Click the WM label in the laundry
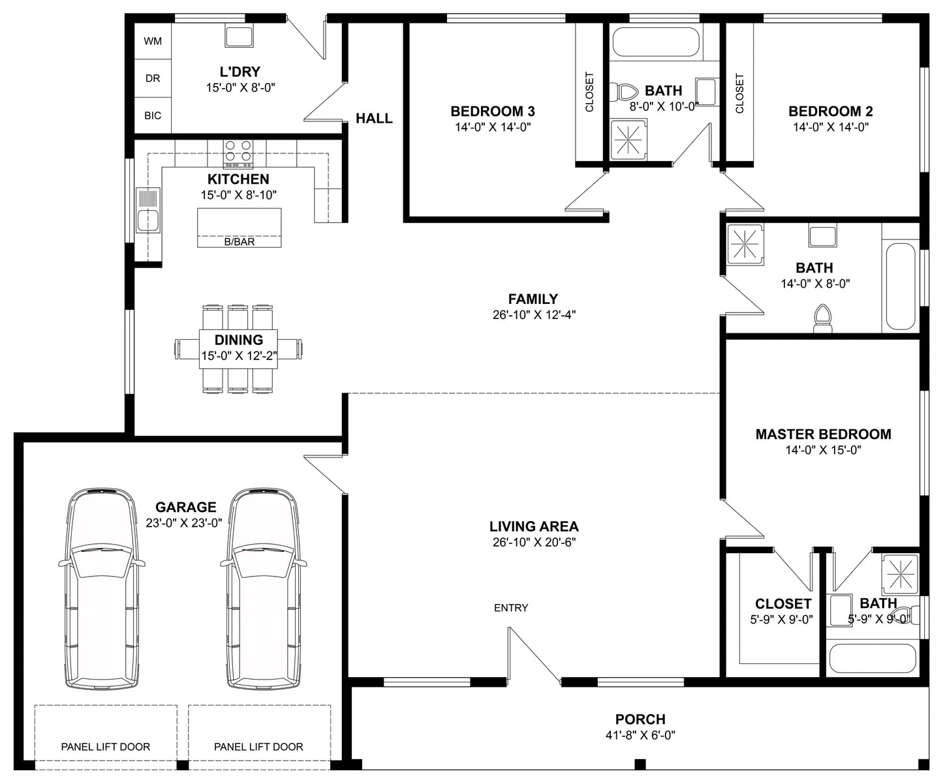(153, 41)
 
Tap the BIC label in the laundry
(153, 115)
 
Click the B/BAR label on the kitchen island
(240, 241)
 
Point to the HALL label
(374, 118)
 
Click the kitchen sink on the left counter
(148, 210)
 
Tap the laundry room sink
(240, 35)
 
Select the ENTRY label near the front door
(511, 608)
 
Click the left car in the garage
(102, 588)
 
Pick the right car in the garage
(264, 588)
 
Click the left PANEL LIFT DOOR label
(106, 747)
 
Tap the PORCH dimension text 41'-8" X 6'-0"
(640, 735)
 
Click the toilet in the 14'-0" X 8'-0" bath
(822, 319)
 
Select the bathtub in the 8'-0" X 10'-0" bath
(656, 42)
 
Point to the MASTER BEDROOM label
(824, 434)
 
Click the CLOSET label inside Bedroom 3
(589, 91)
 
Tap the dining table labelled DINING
(238, 349)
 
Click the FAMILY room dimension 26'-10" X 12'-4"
(534, 314)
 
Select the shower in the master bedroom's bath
(900, 574)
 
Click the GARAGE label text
(185, 507)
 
